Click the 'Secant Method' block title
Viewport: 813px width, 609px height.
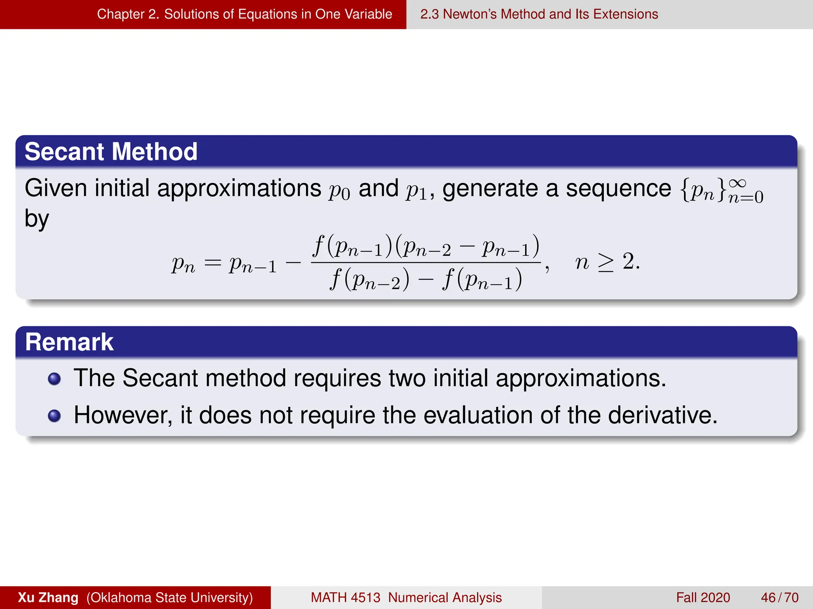[111, 151]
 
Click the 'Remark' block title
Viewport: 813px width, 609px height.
[69, 342]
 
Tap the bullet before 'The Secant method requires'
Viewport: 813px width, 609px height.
[54, 379]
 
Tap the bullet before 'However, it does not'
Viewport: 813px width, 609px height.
[54, 416]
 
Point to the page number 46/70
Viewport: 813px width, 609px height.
[779, 598]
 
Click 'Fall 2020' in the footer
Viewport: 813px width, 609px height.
[703, 598]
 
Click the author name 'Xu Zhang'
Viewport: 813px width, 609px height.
[48, 598]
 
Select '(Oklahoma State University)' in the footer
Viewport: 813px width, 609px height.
[170, 598]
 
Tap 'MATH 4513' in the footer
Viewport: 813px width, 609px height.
[345, 598]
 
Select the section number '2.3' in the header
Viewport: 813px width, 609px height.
[429, 14]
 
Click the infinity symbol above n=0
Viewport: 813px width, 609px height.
[738, 183]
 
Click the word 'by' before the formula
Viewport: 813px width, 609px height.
[37, 219]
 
